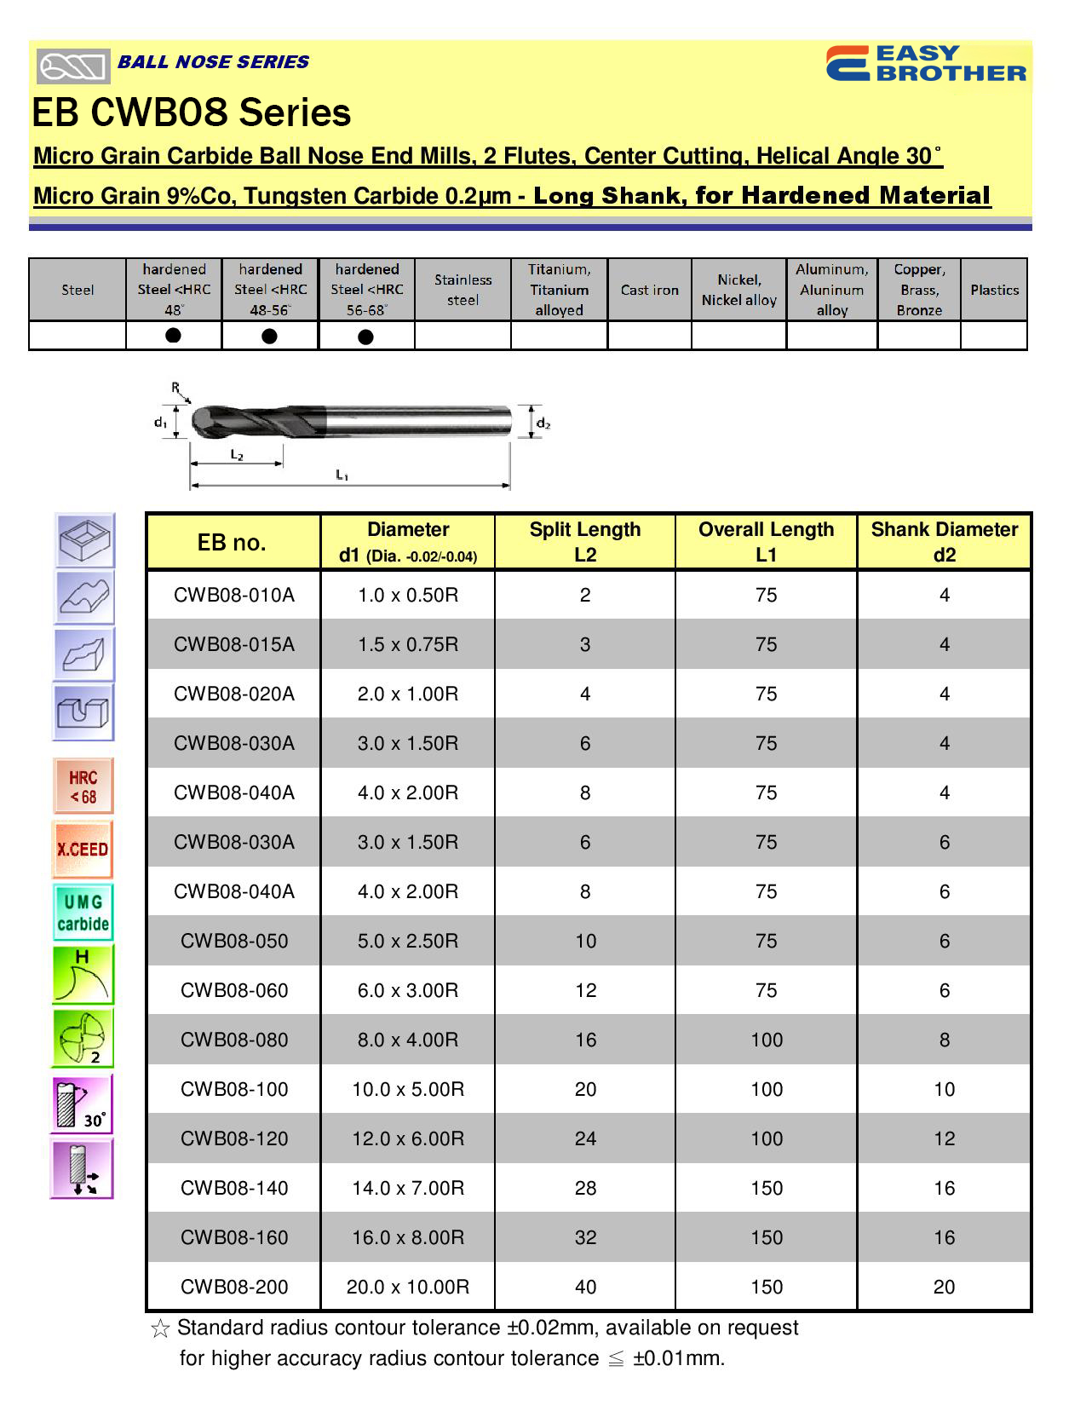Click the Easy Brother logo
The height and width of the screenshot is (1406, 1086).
click(x=926, y=64)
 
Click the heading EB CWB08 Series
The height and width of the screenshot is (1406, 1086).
click(x=192, y=112)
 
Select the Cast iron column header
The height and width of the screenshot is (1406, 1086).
click(x=649, y=290)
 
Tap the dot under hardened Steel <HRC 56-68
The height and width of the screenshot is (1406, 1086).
click(x=366, y=337)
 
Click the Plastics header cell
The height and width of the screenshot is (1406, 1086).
click(x=994, y=290)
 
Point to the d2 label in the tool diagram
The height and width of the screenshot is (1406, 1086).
click(x=543, y=424)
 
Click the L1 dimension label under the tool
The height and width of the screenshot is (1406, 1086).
click(x=342, y=475)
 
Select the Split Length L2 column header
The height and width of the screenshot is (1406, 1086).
click(x=584, y=542)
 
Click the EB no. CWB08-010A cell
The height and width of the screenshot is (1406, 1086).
click(x=234, y=595)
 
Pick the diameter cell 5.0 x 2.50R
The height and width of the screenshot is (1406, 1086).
click(x=408, y=941)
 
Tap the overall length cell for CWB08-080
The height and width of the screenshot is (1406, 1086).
click(x=767, y=1040)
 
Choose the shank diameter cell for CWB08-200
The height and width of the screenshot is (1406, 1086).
click(x=944, y=1287)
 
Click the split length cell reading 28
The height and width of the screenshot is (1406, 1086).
click(x=585, y=1188)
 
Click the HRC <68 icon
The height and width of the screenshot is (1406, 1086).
click(x=83, y=787)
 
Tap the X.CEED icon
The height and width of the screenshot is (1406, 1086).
click(x=83, y=850)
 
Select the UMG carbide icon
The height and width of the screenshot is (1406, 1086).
click(x=83, y=913)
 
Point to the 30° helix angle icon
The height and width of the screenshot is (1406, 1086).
click(x=83, y=1104)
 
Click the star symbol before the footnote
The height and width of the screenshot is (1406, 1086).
click(x=159, y=1328)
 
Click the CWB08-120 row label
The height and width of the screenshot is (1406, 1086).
click(x=234, y=1138)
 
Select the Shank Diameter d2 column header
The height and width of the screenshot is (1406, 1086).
click(x=944, y=542)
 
